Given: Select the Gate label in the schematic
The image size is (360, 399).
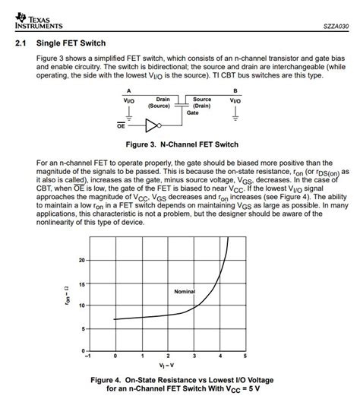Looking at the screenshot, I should pyautogui.click(x=193, y=112).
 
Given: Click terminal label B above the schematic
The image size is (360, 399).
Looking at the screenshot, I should pyautogui.click(x=234, y=90).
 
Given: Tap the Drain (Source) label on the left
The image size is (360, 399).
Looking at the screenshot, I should pyautogui.click(x=163, y=103).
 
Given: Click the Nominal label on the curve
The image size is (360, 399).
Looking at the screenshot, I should pyautogui.click(x=185, y=291).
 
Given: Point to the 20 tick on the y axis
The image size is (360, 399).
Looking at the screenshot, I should pyautogui.click(x=82, y=260).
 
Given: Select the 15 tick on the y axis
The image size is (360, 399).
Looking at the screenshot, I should pyautogui.click(x=82, y=283).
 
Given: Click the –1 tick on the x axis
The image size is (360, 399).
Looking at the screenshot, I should pyautogui.click(x=89, y=356).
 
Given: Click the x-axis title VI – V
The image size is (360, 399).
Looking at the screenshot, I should pyautogui.click(x=166, y=365).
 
